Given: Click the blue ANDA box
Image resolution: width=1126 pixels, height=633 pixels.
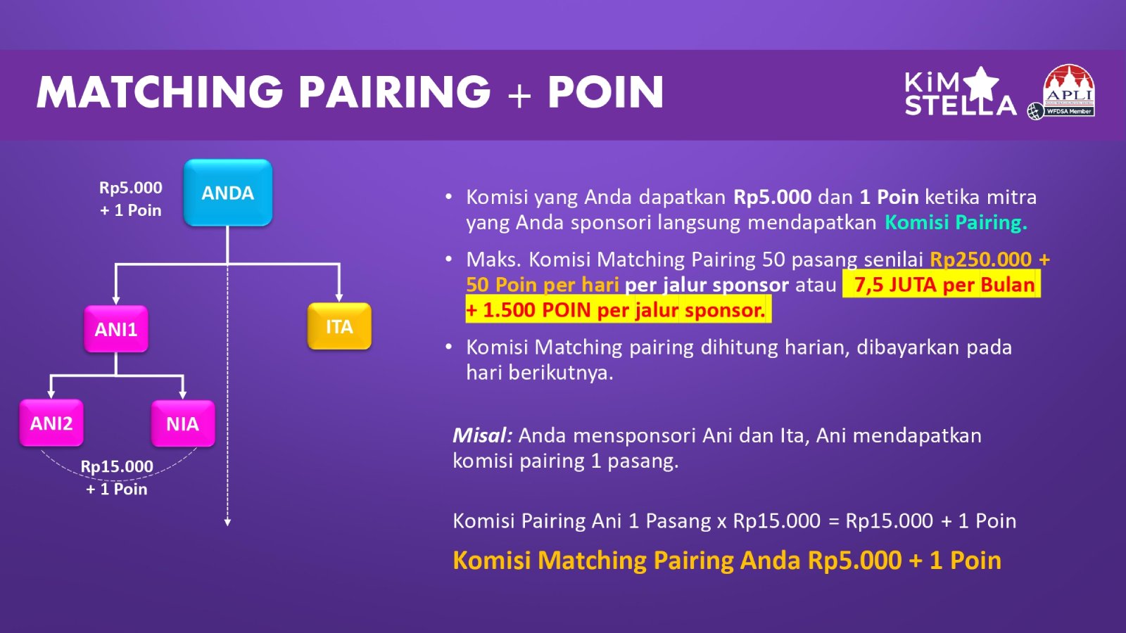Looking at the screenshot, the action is click(x=228, y=193).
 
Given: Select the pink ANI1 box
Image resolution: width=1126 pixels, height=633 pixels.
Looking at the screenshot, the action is click(x=116, y=329).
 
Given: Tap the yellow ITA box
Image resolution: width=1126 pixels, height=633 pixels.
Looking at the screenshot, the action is click(x=339, y=326).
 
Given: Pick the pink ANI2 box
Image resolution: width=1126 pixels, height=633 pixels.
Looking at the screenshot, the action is click(x=51, y=423).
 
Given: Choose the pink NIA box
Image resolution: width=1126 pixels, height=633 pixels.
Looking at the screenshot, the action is click(x=183, y=423).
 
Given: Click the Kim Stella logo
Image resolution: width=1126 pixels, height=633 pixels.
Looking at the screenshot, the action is click(x=959, y=92).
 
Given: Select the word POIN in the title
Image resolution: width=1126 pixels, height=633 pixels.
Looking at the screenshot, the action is click(x=606, y=91).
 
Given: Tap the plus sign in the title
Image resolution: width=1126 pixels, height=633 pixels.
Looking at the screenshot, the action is click(x=519, y=94).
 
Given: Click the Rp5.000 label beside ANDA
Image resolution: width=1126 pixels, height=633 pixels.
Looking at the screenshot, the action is click(x=131, y=188).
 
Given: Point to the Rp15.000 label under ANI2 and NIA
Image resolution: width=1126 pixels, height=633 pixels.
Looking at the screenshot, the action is click(x=117, y=467).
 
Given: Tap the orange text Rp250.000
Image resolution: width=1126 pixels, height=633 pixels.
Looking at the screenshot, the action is click(x=980, y=260).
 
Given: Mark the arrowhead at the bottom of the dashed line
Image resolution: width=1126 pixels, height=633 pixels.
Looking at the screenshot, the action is click(x=228, y=522).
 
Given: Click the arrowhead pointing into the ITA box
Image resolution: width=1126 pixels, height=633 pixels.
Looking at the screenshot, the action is click(x=339, y=298).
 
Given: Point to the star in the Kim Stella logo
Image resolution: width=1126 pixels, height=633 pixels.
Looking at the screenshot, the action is click(x=980, y=84).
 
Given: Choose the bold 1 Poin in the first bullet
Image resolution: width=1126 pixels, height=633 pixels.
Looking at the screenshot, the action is click(x=889, y=197).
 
